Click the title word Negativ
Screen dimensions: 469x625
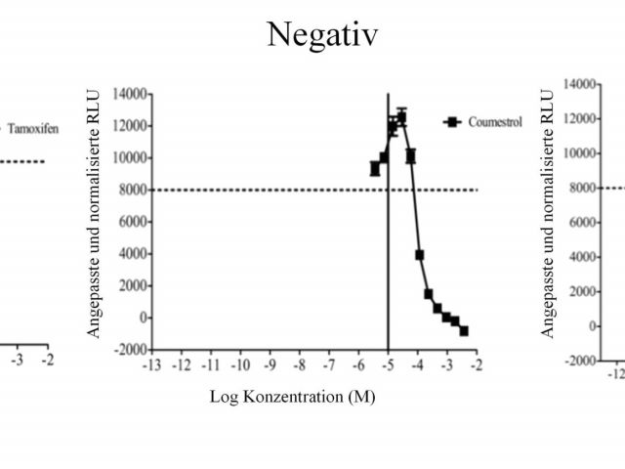click(322, 35)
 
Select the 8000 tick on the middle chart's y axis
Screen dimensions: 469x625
click(132, 190)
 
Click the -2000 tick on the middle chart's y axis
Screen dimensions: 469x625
click(130, 350)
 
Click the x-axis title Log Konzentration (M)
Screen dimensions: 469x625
click(292, 397)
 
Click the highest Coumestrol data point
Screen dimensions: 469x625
click(401, 117)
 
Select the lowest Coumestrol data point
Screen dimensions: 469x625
click(464, 331)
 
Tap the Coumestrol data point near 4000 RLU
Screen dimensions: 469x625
click(419, 255)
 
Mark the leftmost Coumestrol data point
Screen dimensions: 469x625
click(374, 169)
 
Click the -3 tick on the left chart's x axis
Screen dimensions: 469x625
click(18, 360)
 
